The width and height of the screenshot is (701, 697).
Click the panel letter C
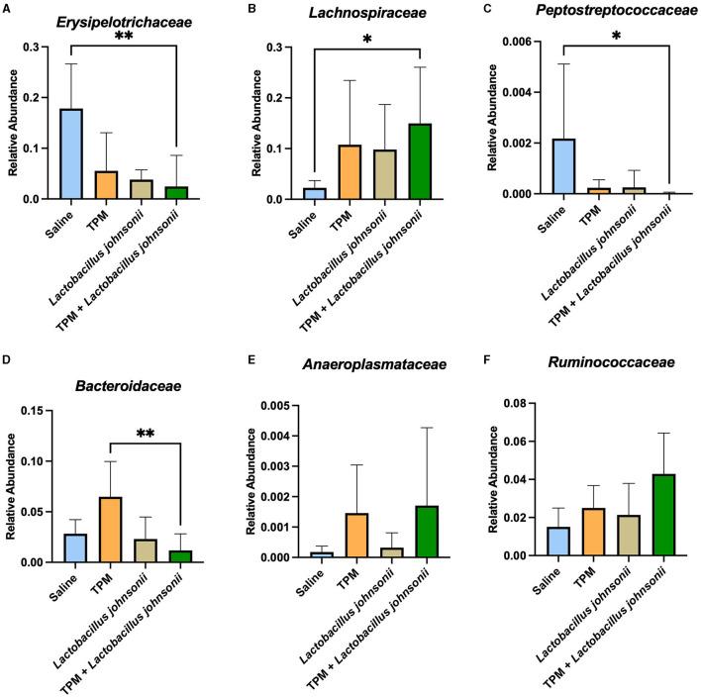coord(484,11)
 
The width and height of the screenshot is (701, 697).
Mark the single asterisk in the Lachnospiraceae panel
coord(370,38)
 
